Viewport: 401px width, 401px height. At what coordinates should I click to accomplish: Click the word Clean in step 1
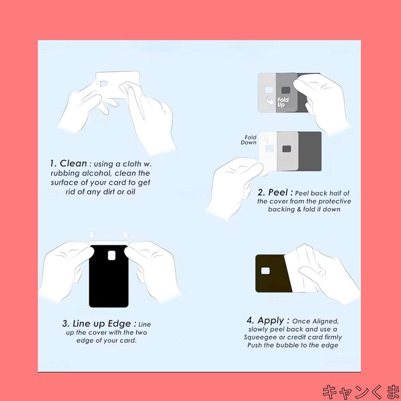tap(73, 163)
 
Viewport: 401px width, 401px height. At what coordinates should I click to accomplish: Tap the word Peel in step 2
tap(278, 192)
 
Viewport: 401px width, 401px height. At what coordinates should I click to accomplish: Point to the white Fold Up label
tap(283, 102)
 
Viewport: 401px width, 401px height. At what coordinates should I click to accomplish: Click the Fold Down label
tap(248, 140)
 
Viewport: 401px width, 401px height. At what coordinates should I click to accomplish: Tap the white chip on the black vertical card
tap(112, 255)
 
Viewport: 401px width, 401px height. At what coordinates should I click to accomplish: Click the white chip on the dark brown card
tap(265, 271)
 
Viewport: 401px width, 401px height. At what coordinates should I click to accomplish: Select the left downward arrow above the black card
tap(92, 235)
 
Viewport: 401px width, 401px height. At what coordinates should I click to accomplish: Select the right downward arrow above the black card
tap(126, 235)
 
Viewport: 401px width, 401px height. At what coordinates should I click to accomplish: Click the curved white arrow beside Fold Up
tap(270, 101)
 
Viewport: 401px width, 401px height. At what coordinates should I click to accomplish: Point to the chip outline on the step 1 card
tap(104, 84)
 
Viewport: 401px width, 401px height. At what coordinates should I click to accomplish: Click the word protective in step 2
tap(335, 201)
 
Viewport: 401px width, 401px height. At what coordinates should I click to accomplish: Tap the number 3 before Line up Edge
tap(65, 323)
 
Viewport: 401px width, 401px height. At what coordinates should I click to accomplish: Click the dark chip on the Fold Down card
tap(287, 149)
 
